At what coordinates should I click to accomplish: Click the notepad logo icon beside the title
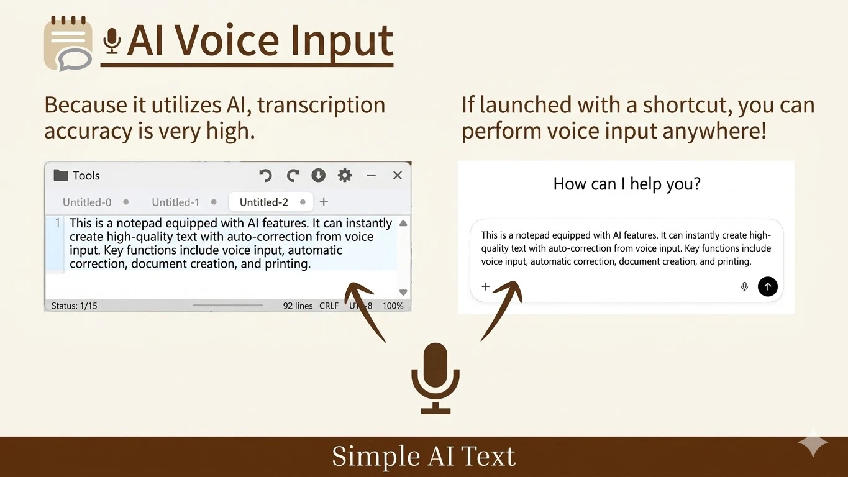[x=68, y=43]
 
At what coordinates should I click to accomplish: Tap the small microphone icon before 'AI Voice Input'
[x=112, y=41]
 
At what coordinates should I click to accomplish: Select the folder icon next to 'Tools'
[x=60, y=175]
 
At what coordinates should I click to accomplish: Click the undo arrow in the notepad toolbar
[x=265, y=176]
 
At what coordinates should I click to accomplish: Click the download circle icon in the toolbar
[x=319, y=176]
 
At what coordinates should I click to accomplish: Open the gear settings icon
[x=345, y=176]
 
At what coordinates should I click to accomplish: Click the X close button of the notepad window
[x=398, y=176]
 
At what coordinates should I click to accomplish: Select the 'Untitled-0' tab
[x=87, y=202]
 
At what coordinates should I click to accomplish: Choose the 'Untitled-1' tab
[x=176, y=202]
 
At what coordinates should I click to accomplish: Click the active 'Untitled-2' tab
[x=264, y=202]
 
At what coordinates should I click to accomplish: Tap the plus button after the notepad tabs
[x=324, y=201]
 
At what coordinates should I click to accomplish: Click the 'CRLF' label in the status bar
[x=329, y=306]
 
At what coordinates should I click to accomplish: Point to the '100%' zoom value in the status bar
[x=393, y=306]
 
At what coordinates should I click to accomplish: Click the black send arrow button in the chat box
[x=768, y=286]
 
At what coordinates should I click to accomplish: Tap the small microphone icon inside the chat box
[x=744, y=286]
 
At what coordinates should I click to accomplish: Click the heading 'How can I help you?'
[x=626, y=184]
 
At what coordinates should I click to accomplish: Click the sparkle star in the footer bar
[x=813, y=443]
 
